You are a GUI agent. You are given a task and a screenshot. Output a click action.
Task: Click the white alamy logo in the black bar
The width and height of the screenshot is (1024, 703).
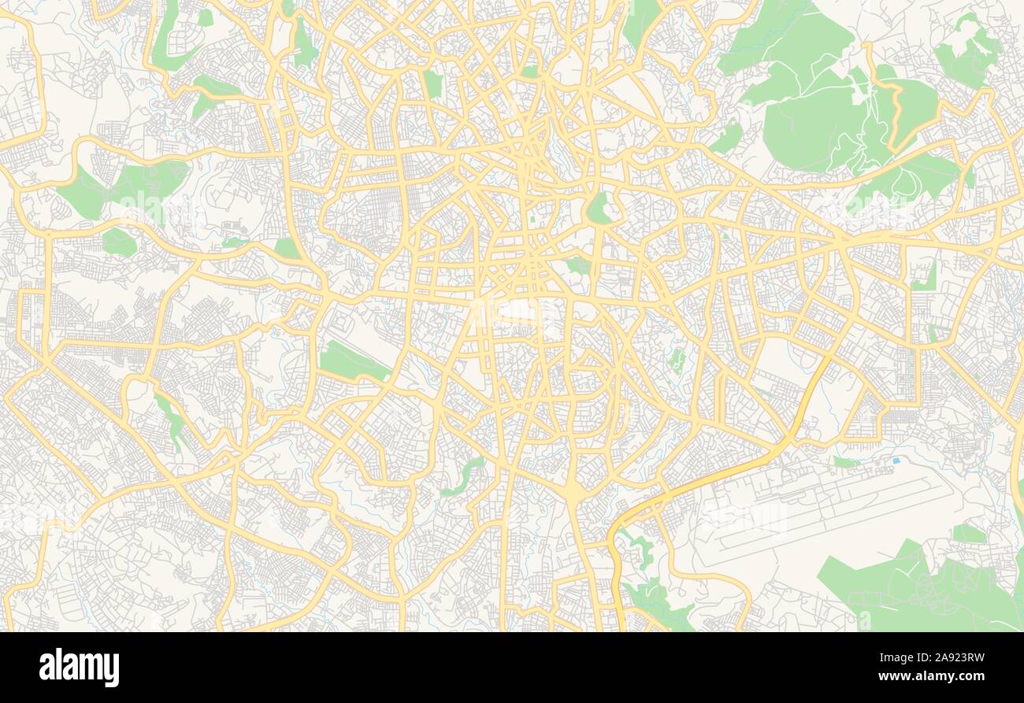coord(79,668)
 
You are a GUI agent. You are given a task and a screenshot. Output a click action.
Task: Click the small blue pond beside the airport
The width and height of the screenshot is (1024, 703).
coord(896,459)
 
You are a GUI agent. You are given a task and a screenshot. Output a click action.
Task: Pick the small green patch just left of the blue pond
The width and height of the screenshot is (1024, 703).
coord(845,462)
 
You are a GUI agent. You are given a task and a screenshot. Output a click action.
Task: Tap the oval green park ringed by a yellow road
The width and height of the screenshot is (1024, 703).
coord(598,208)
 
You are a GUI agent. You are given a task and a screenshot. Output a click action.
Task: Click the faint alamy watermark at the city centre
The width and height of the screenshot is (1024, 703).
coord(512,310)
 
